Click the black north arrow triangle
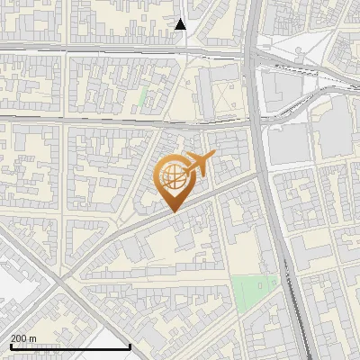click(x=181, y=24)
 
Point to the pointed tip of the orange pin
click(x=173, y=211)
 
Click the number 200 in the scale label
click(x=18, y=338)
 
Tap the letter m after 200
click(x=32, y=338)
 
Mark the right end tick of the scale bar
click(x=130, y=346)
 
